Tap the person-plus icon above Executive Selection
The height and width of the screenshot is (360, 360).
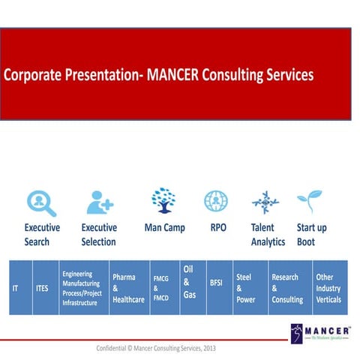(x=99, y=202)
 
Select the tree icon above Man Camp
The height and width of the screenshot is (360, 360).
(x=163, y=201)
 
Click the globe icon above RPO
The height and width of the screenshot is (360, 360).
(x=215, y=201)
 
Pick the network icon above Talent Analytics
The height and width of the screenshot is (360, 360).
(x=265, y=202)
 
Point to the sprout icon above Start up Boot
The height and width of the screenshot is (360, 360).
(x=309, y=202)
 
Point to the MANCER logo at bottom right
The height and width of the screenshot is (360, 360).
(x=320, y=334)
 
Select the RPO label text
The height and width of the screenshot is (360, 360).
(x=218, y=227)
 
